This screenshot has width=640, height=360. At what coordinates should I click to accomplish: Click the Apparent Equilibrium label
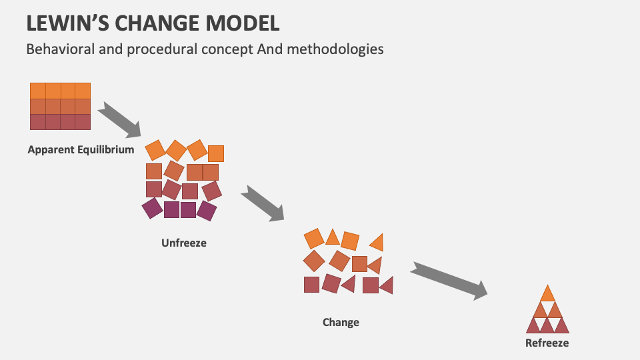81,149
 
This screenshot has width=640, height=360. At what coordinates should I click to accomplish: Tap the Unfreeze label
184,243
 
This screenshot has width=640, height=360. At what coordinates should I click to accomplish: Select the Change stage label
341,322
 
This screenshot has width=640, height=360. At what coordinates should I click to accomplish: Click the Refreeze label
547,343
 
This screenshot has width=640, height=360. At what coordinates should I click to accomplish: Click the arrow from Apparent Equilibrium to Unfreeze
119,118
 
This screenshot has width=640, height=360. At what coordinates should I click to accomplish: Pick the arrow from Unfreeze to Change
263,203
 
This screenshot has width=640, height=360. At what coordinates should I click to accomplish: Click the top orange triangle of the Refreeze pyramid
547,294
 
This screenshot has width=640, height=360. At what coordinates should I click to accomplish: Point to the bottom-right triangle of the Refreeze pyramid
561,326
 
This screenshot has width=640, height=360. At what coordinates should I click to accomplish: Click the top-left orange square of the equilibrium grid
37,90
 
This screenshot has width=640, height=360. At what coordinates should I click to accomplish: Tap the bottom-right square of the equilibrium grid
83,122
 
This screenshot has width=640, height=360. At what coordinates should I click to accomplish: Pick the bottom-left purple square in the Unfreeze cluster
153,209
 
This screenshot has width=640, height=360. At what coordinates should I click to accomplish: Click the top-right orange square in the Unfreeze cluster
216,153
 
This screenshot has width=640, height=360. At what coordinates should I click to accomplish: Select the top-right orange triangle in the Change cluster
377,242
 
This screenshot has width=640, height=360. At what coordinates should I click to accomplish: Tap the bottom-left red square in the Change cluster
311,285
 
